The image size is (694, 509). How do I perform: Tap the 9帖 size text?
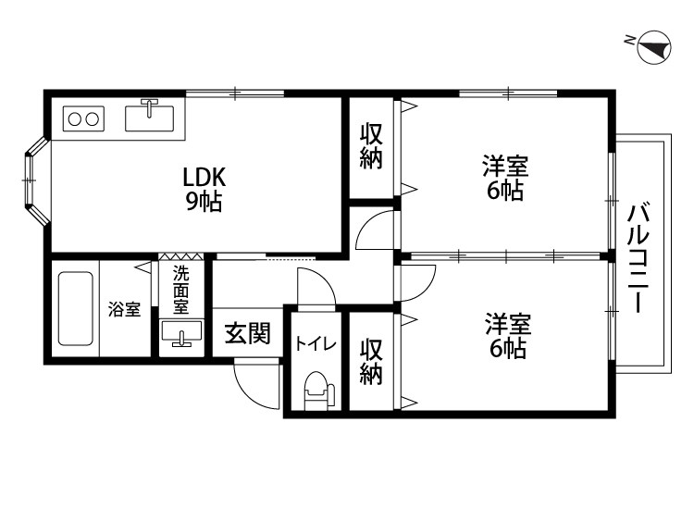[x=204, y=202]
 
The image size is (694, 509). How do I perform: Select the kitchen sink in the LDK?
[x=148, y=118]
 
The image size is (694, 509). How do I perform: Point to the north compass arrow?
[x=653, y=46]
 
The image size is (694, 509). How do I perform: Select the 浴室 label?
[x=124, y=309]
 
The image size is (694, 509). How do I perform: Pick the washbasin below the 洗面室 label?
[x=180, y=334]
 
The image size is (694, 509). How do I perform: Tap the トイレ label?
[x=315, y=343]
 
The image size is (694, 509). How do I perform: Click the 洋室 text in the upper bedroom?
[x=504, y=168]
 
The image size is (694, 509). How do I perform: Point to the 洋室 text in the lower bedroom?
[x=508, y=325]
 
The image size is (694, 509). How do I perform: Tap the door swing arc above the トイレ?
[x=310, y=281]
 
